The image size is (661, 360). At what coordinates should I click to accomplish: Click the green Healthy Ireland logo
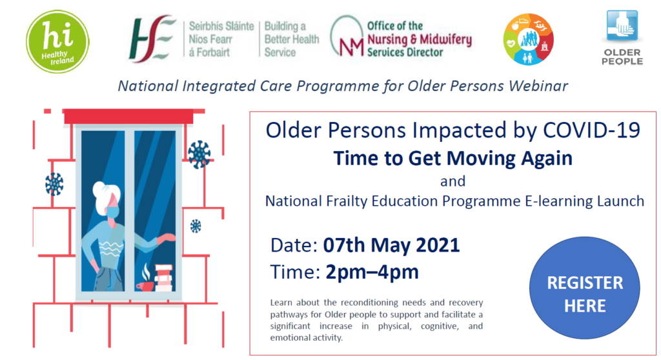57,42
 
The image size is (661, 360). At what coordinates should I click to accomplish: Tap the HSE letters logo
152,39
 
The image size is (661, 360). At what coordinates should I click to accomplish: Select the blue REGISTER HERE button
585,288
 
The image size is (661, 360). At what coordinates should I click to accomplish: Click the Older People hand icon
622,26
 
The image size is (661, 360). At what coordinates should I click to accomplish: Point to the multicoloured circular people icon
528,39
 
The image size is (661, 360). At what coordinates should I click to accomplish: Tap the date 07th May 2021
391,245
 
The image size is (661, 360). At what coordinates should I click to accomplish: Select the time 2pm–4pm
372,272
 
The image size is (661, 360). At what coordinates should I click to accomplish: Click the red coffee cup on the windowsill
145,286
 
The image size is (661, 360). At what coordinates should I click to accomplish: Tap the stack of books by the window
163,278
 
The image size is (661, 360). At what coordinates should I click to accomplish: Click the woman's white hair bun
100,188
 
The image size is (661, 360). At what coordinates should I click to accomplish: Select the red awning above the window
128,116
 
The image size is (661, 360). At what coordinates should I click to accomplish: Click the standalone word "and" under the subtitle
453,181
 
